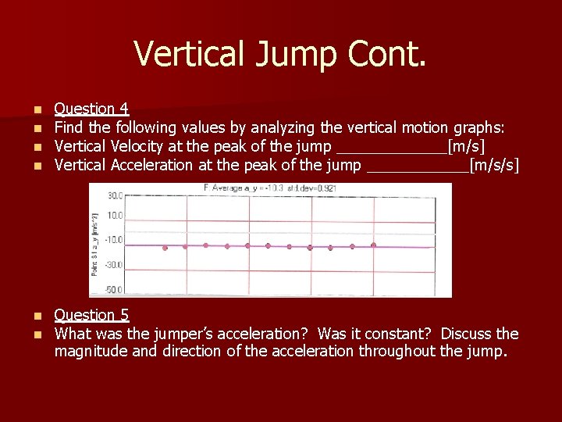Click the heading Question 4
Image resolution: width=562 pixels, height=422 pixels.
click(x=91, y=109)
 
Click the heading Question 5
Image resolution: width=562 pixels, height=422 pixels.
click(x=91, y=315)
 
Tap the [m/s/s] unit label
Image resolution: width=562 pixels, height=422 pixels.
click(x=494, y=165)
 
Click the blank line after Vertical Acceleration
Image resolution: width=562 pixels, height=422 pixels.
click(x=417, y=167)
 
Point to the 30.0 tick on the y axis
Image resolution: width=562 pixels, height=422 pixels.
click(x=115, y=195)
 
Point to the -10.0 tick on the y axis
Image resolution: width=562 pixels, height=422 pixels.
click(x=114, y=239)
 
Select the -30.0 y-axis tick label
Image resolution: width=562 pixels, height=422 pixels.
click(x=114, y=264)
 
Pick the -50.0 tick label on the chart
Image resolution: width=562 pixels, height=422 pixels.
click(x=114, y=290)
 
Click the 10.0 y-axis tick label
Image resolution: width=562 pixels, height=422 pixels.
click(x=116, y=216)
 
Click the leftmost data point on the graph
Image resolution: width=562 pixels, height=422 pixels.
click(x=165, y=248)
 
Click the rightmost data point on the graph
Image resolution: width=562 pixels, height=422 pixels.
click(x=373, y=245)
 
